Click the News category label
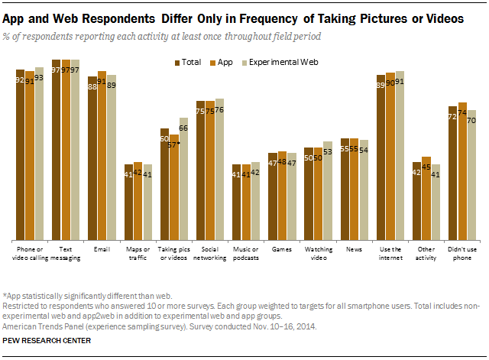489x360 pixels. coord(354,249)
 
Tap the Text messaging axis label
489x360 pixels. coord(66,253)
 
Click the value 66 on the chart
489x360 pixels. coord(183,128)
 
